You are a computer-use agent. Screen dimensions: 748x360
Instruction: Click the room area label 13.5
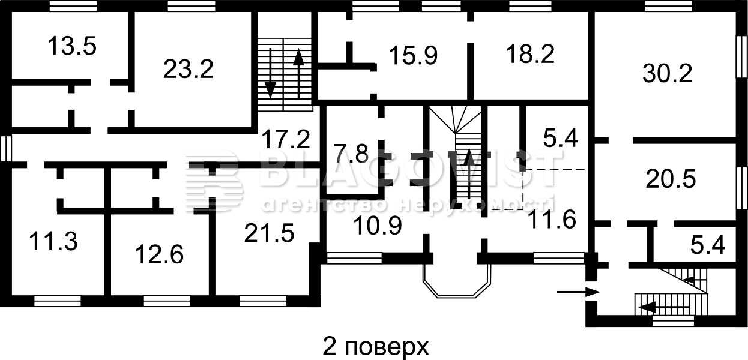(72, 46)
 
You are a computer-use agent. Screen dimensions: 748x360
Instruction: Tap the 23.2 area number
(189, 70)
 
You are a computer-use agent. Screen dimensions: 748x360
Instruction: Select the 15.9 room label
(414, 55)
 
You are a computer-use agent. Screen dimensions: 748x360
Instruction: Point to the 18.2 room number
(530, 54)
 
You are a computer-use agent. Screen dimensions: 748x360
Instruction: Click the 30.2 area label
(667, 73)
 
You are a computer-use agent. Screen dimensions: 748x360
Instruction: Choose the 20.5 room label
(671, 179)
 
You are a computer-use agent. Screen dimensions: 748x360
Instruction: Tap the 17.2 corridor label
(286, 139)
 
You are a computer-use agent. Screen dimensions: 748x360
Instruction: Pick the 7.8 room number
(351, 154)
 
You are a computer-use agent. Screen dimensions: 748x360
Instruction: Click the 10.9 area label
(378, 225)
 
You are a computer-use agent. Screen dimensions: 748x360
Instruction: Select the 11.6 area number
(552, 219)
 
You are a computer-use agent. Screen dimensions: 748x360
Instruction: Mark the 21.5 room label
(269, 233)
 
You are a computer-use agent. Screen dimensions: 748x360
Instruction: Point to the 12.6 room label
(159, 254)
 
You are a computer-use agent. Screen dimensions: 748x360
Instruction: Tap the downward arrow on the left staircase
(270, 73)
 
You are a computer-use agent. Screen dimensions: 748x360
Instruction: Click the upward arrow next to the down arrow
(298, 73)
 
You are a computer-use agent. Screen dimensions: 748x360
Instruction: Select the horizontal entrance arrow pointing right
(578, 292)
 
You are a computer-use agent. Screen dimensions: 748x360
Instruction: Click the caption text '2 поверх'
(376, 347)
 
